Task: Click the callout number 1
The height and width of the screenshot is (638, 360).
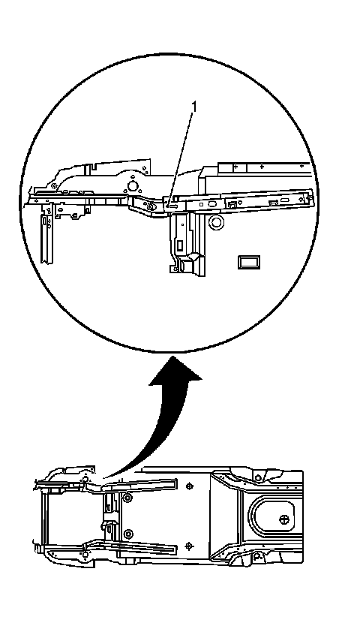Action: [194, 107]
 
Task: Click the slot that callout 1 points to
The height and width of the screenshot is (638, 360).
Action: [172, 206]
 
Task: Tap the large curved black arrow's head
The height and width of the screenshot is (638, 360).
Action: [175, 370]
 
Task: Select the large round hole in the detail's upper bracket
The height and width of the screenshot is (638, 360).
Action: [132, 187]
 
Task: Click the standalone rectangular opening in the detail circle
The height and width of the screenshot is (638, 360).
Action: [249, 262]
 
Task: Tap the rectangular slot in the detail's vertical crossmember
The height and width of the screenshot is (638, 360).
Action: [179, 245]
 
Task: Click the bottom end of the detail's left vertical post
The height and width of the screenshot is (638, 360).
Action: [46, 263]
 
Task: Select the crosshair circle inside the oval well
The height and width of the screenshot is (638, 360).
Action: [284, 519]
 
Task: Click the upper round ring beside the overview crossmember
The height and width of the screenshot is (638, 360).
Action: [128, 497]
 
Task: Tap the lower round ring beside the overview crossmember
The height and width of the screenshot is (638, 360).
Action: [128, 534]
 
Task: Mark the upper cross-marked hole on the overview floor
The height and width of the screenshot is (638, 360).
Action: [190, 486]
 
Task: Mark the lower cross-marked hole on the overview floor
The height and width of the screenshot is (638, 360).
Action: [189, 545]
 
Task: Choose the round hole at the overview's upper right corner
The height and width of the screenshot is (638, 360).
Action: [258, 477]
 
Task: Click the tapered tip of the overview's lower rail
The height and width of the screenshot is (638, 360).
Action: [176, 549]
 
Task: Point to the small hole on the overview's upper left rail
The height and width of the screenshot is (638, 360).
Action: [85, 480]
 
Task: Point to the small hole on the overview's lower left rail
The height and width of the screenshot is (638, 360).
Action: [85, 554]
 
